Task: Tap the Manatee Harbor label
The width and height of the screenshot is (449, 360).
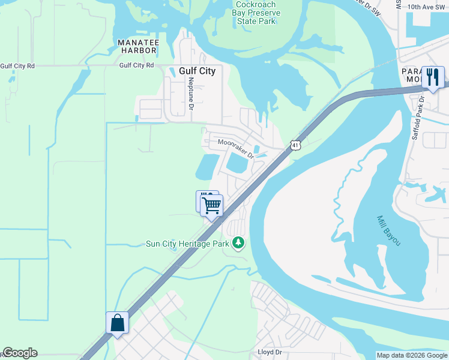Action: (x=138, y=46)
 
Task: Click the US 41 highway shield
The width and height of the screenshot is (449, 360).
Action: (x=294, y=145)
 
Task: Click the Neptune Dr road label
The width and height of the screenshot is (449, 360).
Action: (x=191, y=94)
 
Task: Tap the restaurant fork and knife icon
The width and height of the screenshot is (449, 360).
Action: (x=433, y=77)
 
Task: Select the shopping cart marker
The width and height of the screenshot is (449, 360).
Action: (x=211, y=206)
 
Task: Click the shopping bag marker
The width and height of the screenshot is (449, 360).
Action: (x=117, y=323)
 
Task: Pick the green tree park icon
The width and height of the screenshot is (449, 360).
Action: (x=240, y=242)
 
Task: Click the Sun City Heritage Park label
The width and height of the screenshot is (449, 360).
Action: (x=188, y=244)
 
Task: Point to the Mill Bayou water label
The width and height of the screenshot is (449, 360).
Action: (x=388, y=231)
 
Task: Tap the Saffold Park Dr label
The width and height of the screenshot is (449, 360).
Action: (x=418, y=118)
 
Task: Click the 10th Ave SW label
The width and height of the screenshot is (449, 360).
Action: (x=427, y=7)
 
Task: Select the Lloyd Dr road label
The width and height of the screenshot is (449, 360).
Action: (x=270, y=352)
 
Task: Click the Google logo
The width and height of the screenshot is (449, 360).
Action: (x=20, y=353)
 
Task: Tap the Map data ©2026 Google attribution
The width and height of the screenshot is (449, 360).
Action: (x=412, y=355)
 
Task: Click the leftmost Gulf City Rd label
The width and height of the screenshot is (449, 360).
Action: (x=17, y=66)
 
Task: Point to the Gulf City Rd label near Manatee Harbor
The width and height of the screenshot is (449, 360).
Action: (x=136, y=65)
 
